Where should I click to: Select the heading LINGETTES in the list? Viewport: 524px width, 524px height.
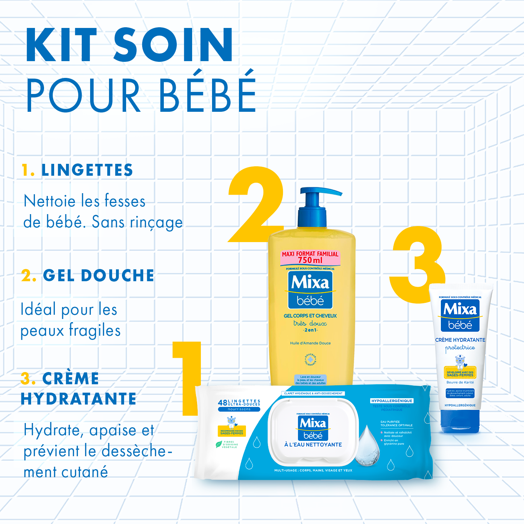click(87, 170)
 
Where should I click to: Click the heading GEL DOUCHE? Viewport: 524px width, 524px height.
click(98, 276)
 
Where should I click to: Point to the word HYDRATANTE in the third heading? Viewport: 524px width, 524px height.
click(78, 399)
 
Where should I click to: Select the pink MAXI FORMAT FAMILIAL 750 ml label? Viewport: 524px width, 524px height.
click(310, 257)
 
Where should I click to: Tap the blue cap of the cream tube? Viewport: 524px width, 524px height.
click(460, 421)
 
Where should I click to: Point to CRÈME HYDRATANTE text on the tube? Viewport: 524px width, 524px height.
click(460, 340)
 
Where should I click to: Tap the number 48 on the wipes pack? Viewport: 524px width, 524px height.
click(223, 403)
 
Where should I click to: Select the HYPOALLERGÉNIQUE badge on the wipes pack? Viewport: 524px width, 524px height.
click(392, 401)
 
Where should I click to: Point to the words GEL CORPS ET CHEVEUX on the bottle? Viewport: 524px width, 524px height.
click(310, 316)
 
